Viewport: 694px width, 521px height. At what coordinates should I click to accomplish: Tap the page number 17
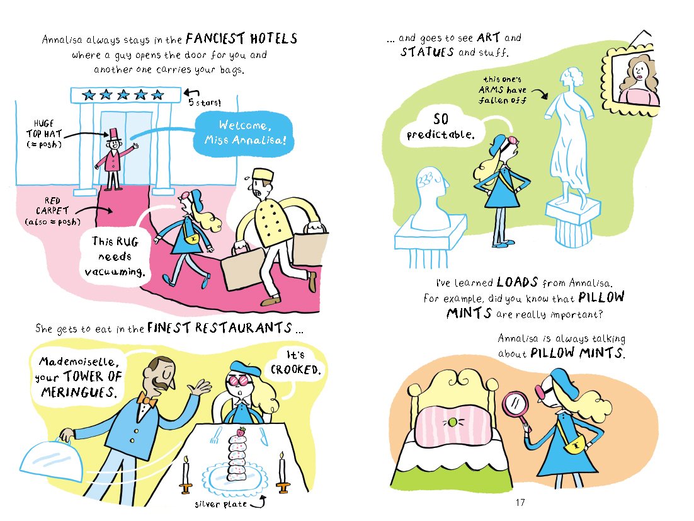pos(520,502)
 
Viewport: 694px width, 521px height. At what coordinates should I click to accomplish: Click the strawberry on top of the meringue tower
pos(241,431)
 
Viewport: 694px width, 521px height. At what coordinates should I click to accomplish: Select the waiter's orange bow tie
pos(147,399)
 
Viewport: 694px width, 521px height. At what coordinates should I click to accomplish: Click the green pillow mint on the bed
pos(452,422)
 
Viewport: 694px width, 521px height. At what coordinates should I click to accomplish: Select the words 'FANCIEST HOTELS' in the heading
pos(241,39)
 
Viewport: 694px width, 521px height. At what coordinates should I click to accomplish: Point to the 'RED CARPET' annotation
pos(52,210)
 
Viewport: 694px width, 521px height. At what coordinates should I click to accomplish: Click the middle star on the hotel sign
pos(123,94)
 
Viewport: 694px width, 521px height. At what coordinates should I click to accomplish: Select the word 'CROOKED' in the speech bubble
pos(295,370)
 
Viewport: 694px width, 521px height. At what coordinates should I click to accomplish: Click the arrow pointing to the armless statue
pos(540,94)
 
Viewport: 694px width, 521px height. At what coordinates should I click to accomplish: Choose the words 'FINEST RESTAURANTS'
pos(220,328)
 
